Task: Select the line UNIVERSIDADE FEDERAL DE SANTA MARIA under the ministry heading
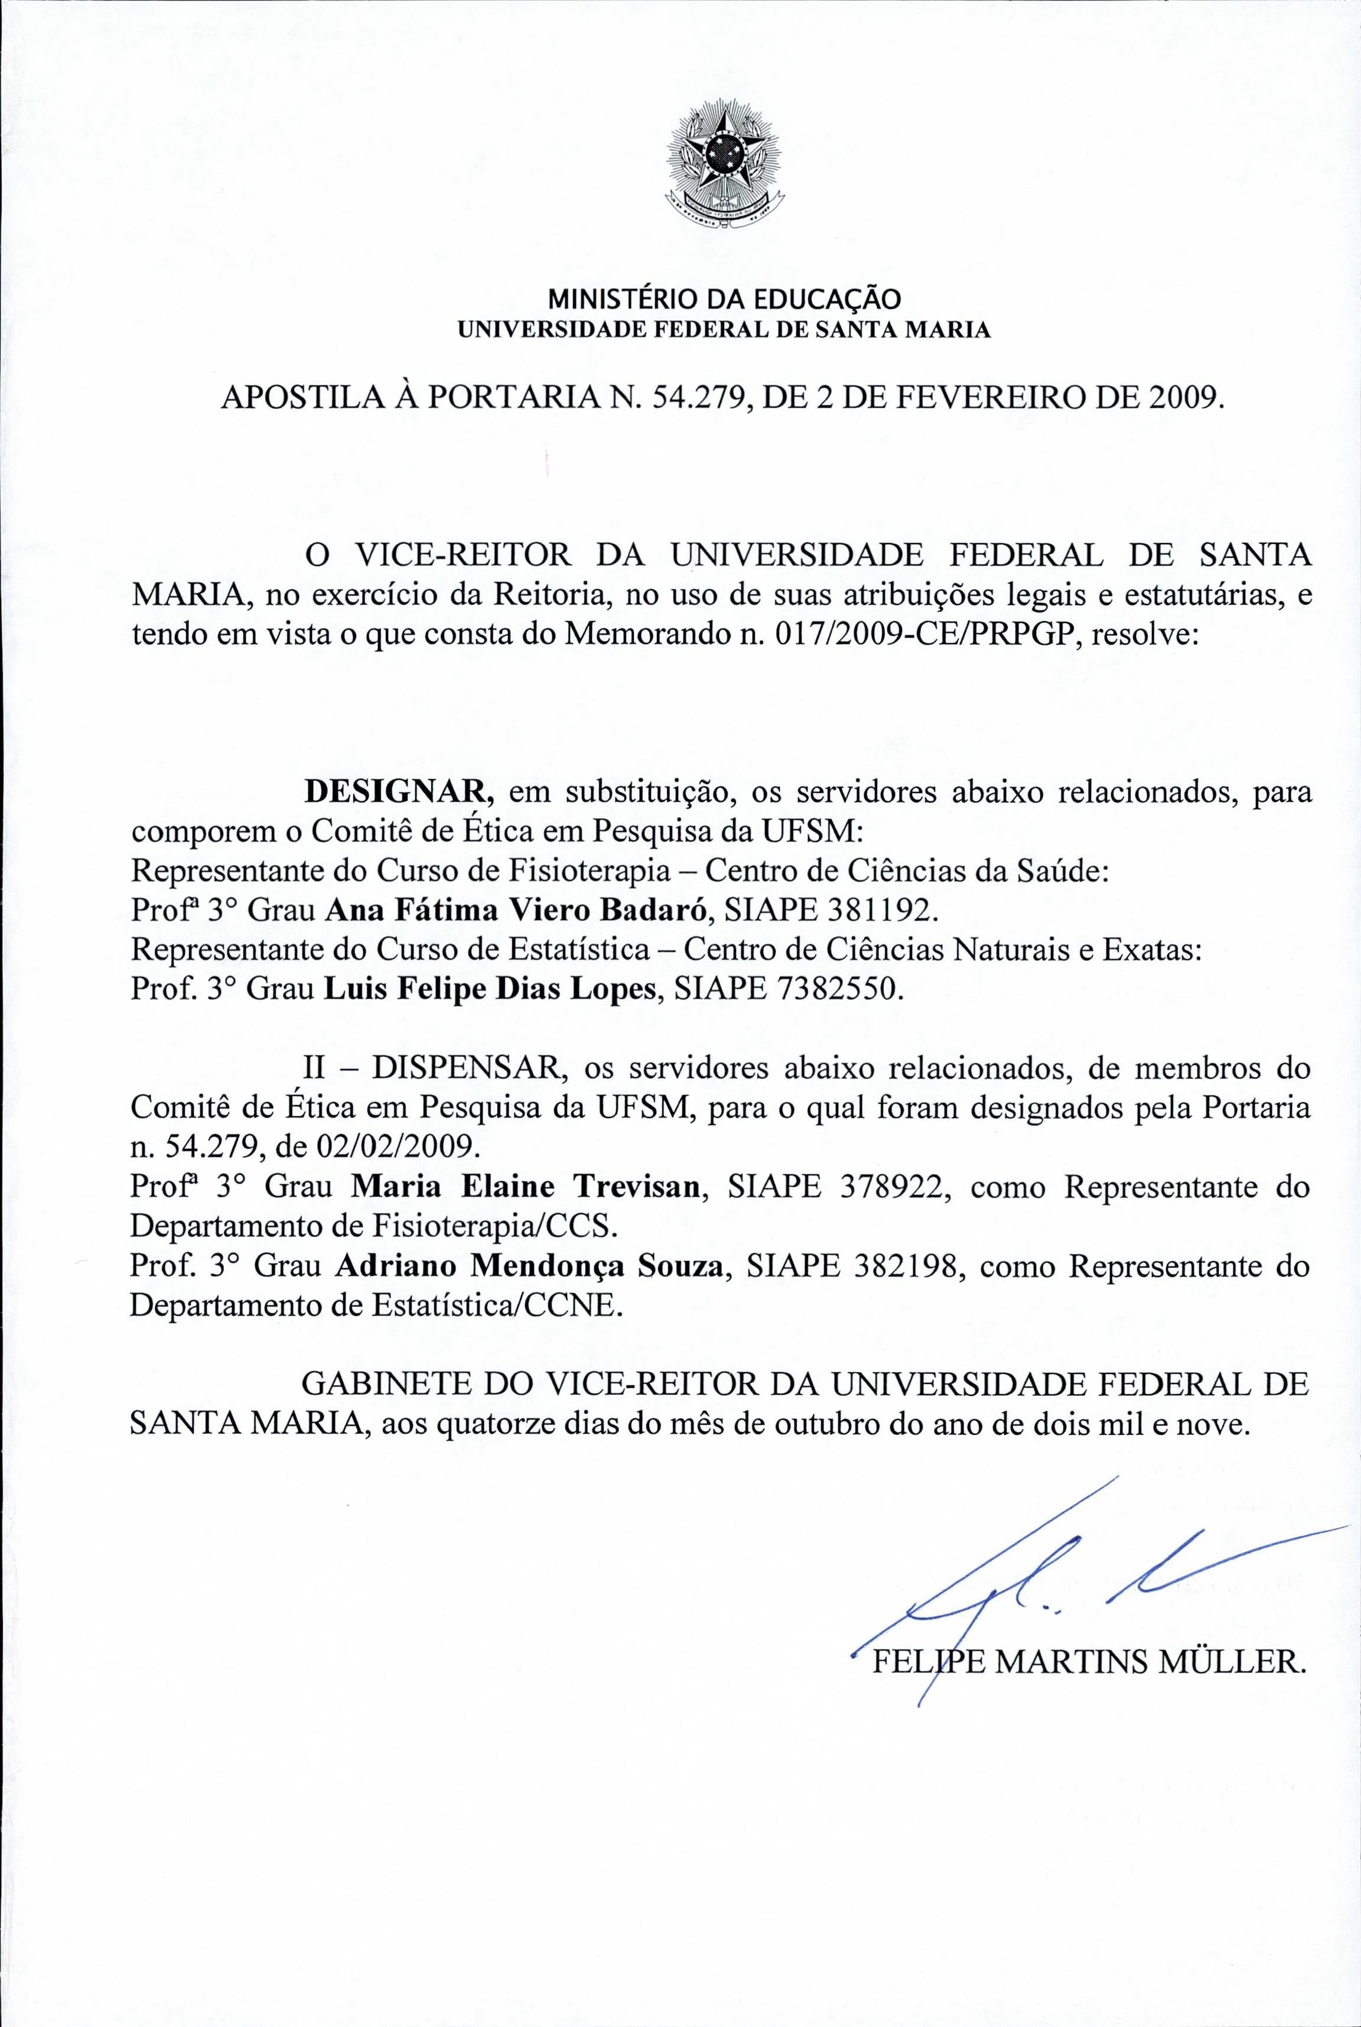point(723,331)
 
